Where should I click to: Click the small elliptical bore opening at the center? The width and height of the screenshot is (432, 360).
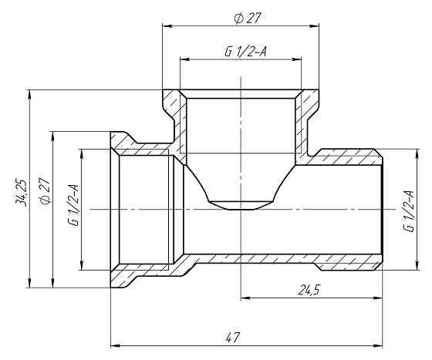tap(241, 205)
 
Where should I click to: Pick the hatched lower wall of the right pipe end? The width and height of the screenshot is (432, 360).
tap(347, 262)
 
